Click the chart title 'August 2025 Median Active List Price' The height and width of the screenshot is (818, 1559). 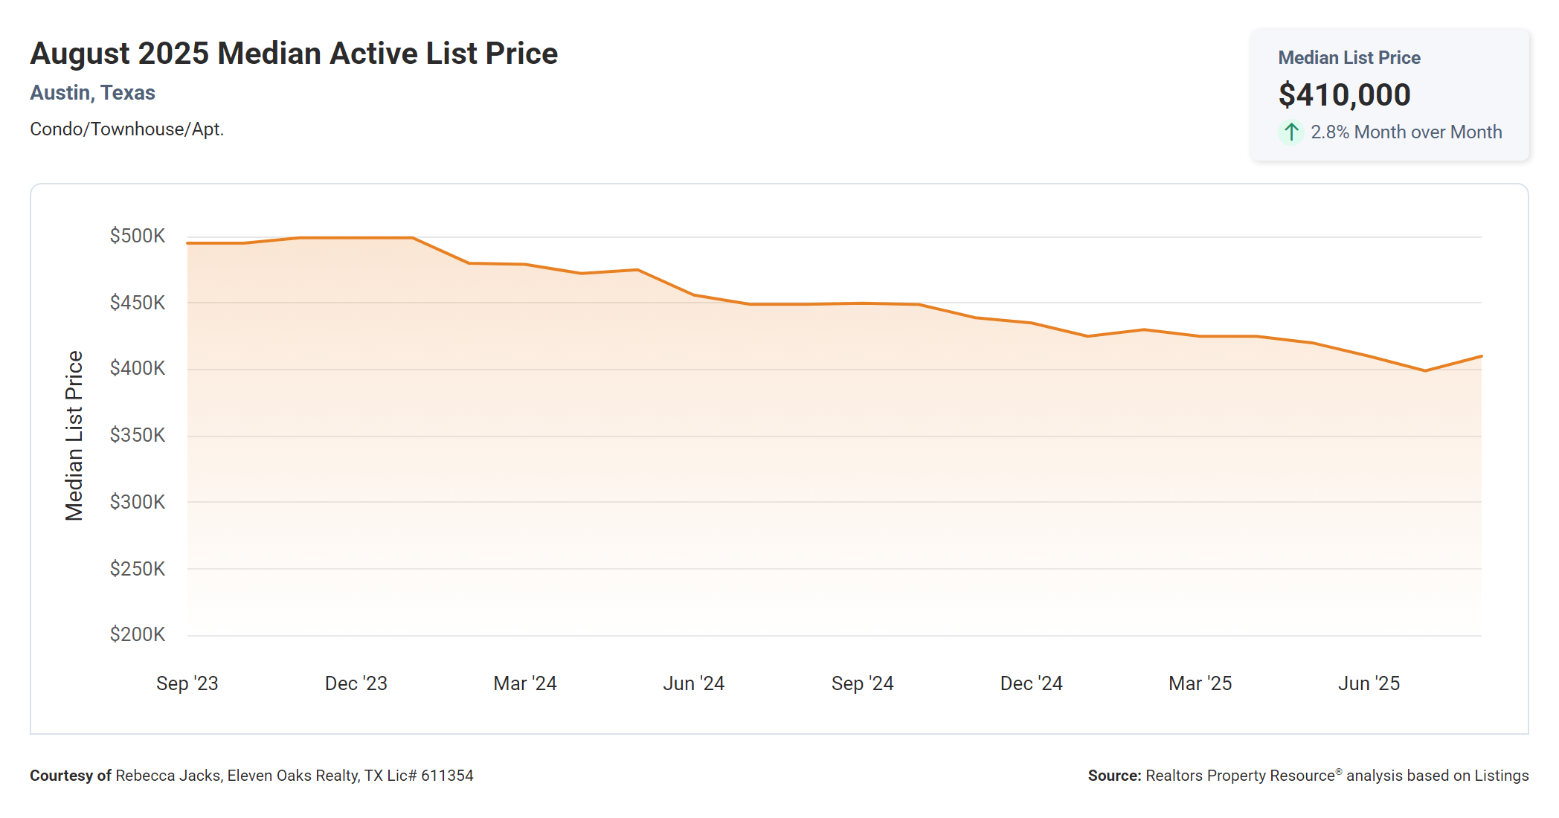pyautogui.click(x=294, y=54)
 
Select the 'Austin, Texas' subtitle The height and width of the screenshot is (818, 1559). pyautogui.click(x=92, y=93)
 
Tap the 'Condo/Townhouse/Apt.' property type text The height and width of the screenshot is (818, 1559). pyautogui.click(x=126, y=129)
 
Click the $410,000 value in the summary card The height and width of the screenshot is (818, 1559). pyautogui.click(x=1344, y=95)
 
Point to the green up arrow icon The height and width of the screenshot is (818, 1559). pyautogui.click(x=1291, y=132)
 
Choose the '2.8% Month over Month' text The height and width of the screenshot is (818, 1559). pyautogui.click(x=1406, y=132)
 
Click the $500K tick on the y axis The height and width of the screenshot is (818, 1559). pyautogui.click(x=138, y=236)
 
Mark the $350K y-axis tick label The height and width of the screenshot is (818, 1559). pyautogui.click(x=138, y=435)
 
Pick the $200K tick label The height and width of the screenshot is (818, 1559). pyautogui.click(x=138, y=634)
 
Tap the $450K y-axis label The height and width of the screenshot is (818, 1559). pyautogui.click(x=138, y=303)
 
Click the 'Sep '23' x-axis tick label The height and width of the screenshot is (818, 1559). pyautogui.click(x=187, y=683)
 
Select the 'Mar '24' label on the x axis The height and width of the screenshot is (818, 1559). pyautogui.click(x=525, y=683)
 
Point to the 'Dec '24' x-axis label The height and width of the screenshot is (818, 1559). pyautogui.click(x=1031, y=683)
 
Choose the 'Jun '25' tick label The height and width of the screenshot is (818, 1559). pyautogui.click(x=1369, y=683)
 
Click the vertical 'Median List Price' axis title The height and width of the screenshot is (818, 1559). pyautogui.click(x=74, y=436)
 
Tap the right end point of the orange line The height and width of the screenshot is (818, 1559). pyautogui.click(x=1481, y=356)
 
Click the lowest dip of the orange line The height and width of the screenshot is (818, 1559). pyautogui.click(x=1425, y=370)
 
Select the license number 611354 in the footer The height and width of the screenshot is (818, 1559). pyautogui.click(x=447, y=776)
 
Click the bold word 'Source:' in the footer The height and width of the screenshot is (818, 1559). pyautogui.click(x=1114, y=776)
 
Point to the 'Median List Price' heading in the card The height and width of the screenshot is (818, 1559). pyautogui.click(x=1349, y=58)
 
